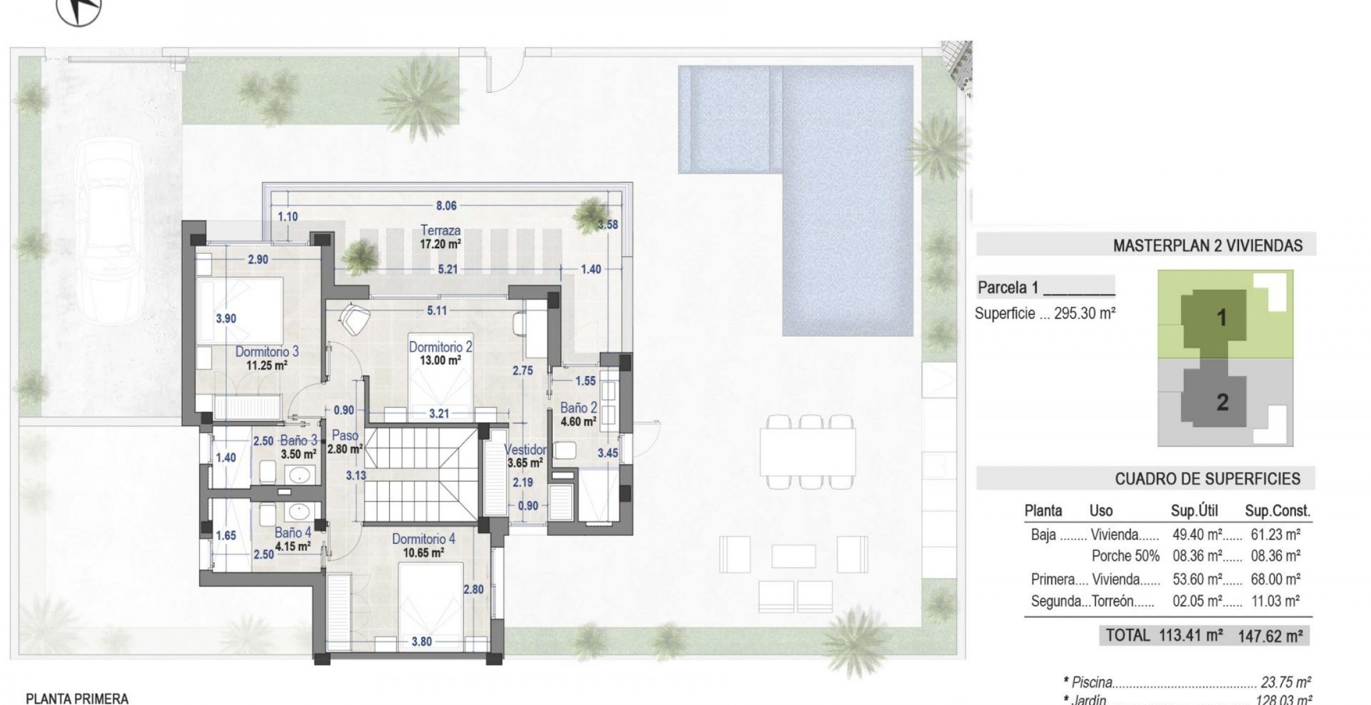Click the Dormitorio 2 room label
[x=440, y=346]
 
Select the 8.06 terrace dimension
[x=446, y=206]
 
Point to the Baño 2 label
[x=578, y=408]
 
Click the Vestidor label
[x=525, y=449]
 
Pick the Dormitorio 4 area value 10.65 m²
[x=424, y=553]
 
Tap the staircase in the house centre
[x=421, y=474]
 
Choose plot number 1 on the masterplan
[x=1222, y=318]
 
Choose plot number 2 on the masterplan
[x=1222, y=403]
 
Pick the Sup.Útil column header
[x=1194, y=510]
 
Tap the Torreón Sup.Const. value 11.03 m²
[x=1275, y=601]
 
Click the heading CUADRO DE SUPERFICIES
[x=1207, y=479]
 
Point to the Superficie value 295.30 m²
[x=1084, y=314]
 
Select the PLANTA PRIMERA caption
[x=77, y=698]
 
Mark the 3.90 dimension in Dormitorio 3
[x=226, y=319]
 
